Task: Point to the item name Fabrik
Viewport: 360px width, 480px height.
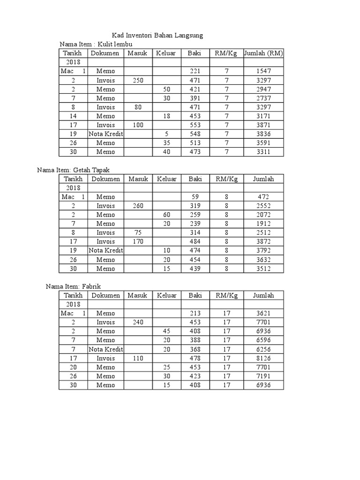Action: [91, 286]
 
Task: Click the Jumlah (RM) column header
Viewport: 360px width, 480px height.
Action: [263, 53]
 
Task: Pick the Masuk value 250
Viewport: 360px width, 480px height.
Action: [138, 80]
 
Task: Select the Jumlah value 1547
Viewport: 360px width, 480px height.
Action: [263, 71]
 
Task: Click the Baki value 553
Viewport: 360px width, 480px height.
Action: [195, 125]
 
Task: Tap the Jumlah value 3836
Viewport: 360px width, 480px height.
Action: [263, 134]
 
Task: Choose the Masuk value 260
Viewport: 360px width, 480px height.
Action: [138, 206]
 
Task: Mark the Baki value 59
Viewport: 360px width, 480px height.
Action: [195, 197]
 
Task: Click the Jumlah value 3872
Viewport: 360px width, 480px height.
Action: [263, 242]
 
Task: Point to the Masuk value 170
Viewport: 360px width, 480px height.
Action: [138, 242]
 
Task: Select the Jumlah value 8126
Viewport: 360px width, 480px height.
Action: [263, 358]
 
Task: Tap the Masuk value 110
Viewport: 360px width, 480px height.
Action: [138, 358]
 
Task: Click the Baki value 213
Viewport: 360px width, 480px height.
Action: [195, 313]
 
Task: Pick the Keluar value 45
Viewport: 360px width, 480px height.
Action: [166, 331]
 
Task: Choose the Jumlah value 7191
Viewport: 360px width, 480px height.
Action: [263, 376]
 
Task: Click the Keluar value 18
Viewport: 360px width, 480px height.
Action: [166, 116]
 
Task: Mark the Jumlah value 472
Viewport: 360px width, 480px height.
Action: [263, 197]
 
